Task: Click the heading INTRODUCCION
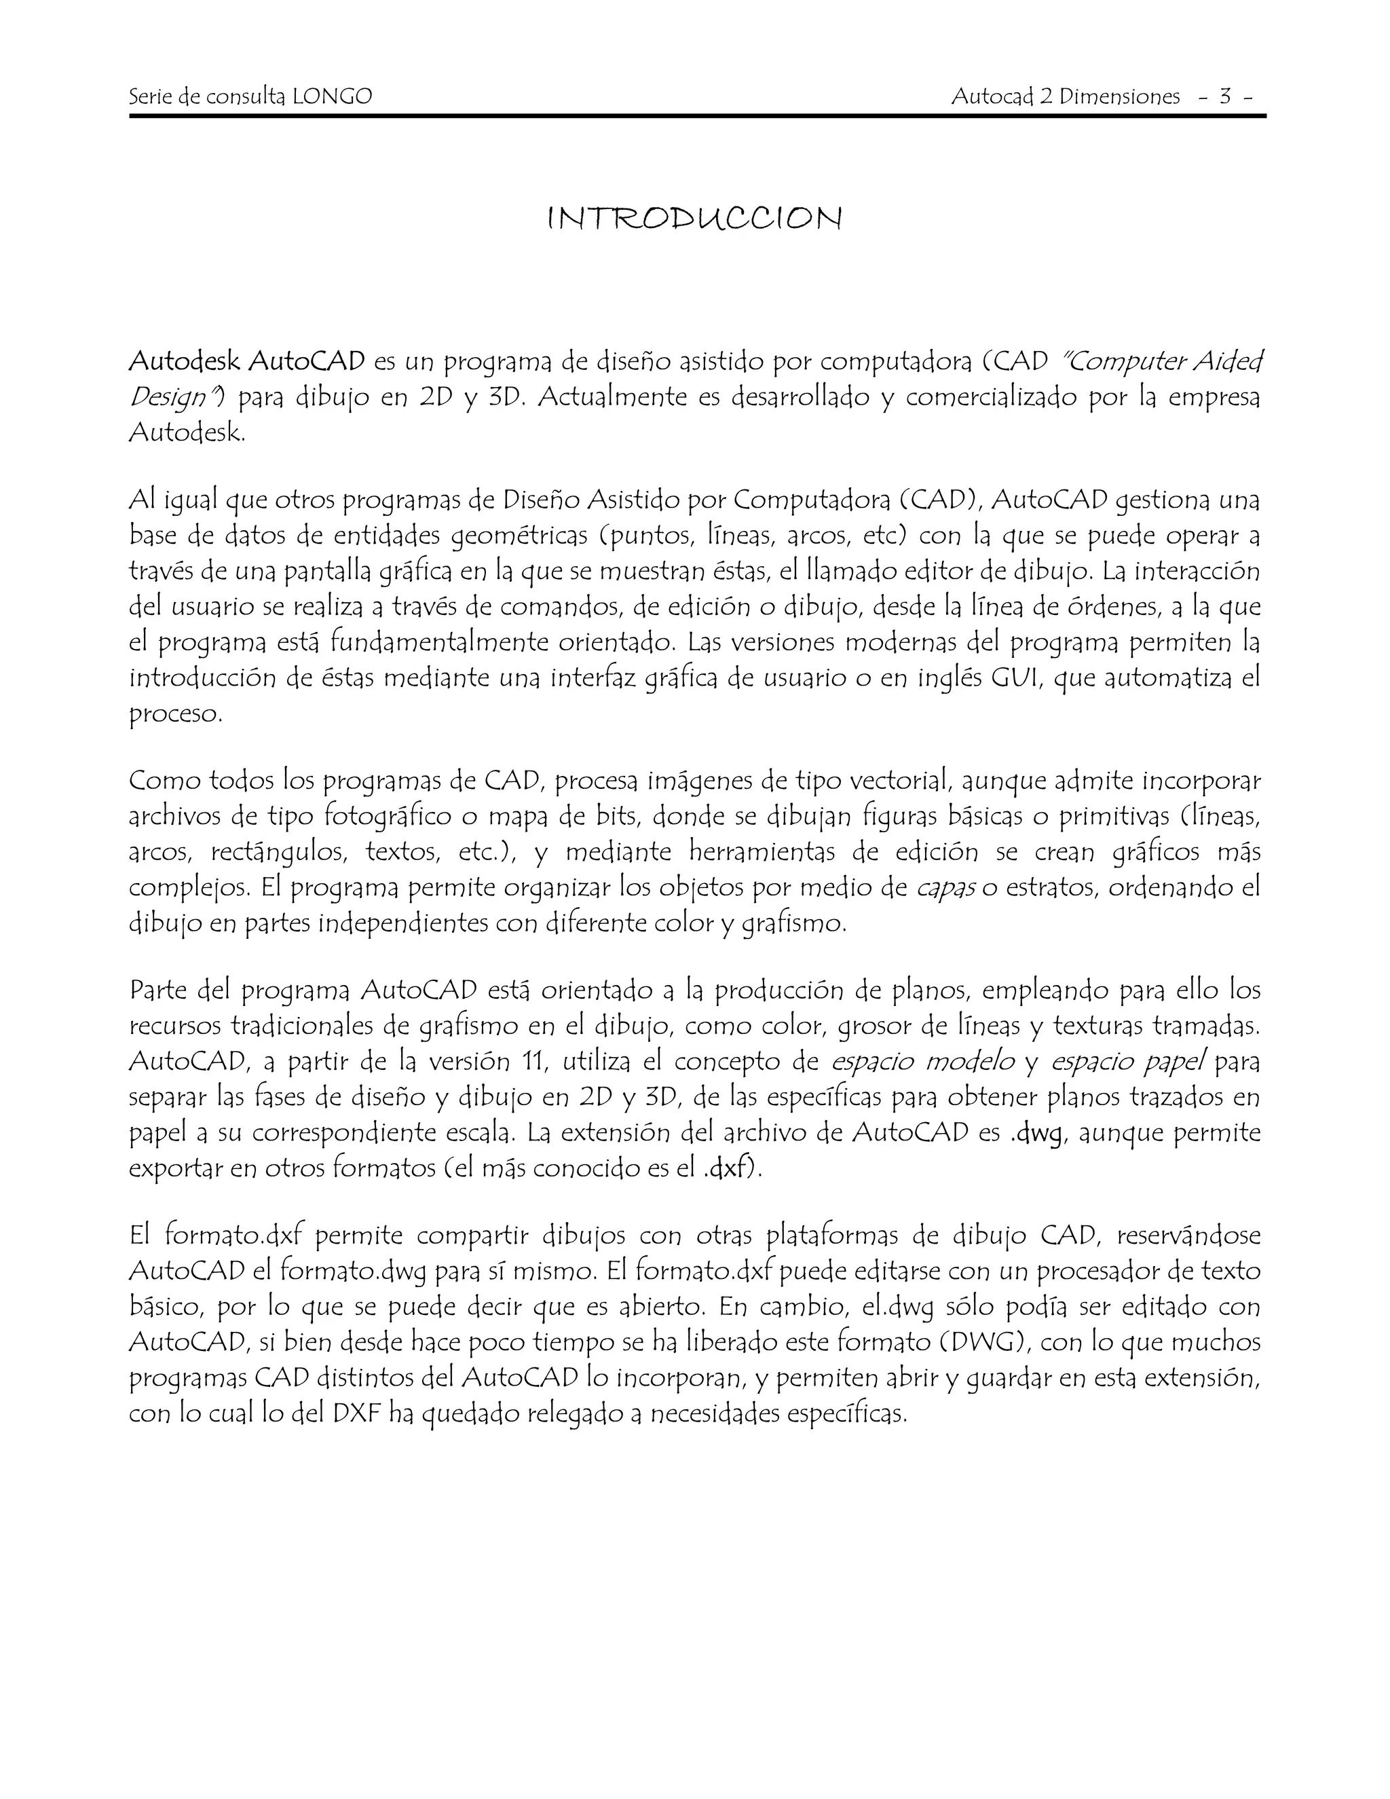click(x=694, y=219)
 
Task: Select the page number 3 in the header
click(x=1225, y=97)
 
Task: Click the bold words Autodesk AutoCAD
click(x=247, y=360)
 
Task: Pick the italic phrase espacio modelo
click(x=922, y=1062)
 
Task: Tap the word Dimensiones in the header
click(x=1119, y=97)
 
